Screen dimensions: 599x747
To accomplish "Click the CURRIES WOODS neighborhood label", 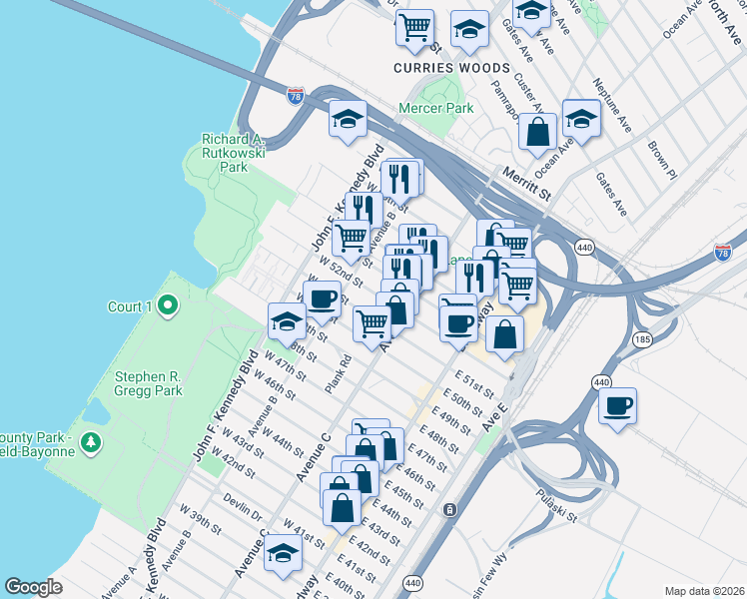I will [445, 68].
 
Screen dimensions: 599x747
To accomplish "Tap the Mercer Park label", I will [435, 107].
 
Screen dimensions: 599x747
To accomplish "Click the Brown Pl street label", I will [661, 159].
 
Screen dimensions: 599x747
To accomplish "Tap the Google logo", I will [34, 587].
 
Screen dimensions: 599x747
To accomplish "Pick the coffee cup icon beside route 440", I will [617, 405].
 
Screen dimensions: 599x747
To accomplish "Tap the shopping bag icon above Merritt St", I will [537, 132].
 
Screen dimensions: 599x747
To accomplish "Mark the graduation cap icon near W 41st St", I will [283, 552].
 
